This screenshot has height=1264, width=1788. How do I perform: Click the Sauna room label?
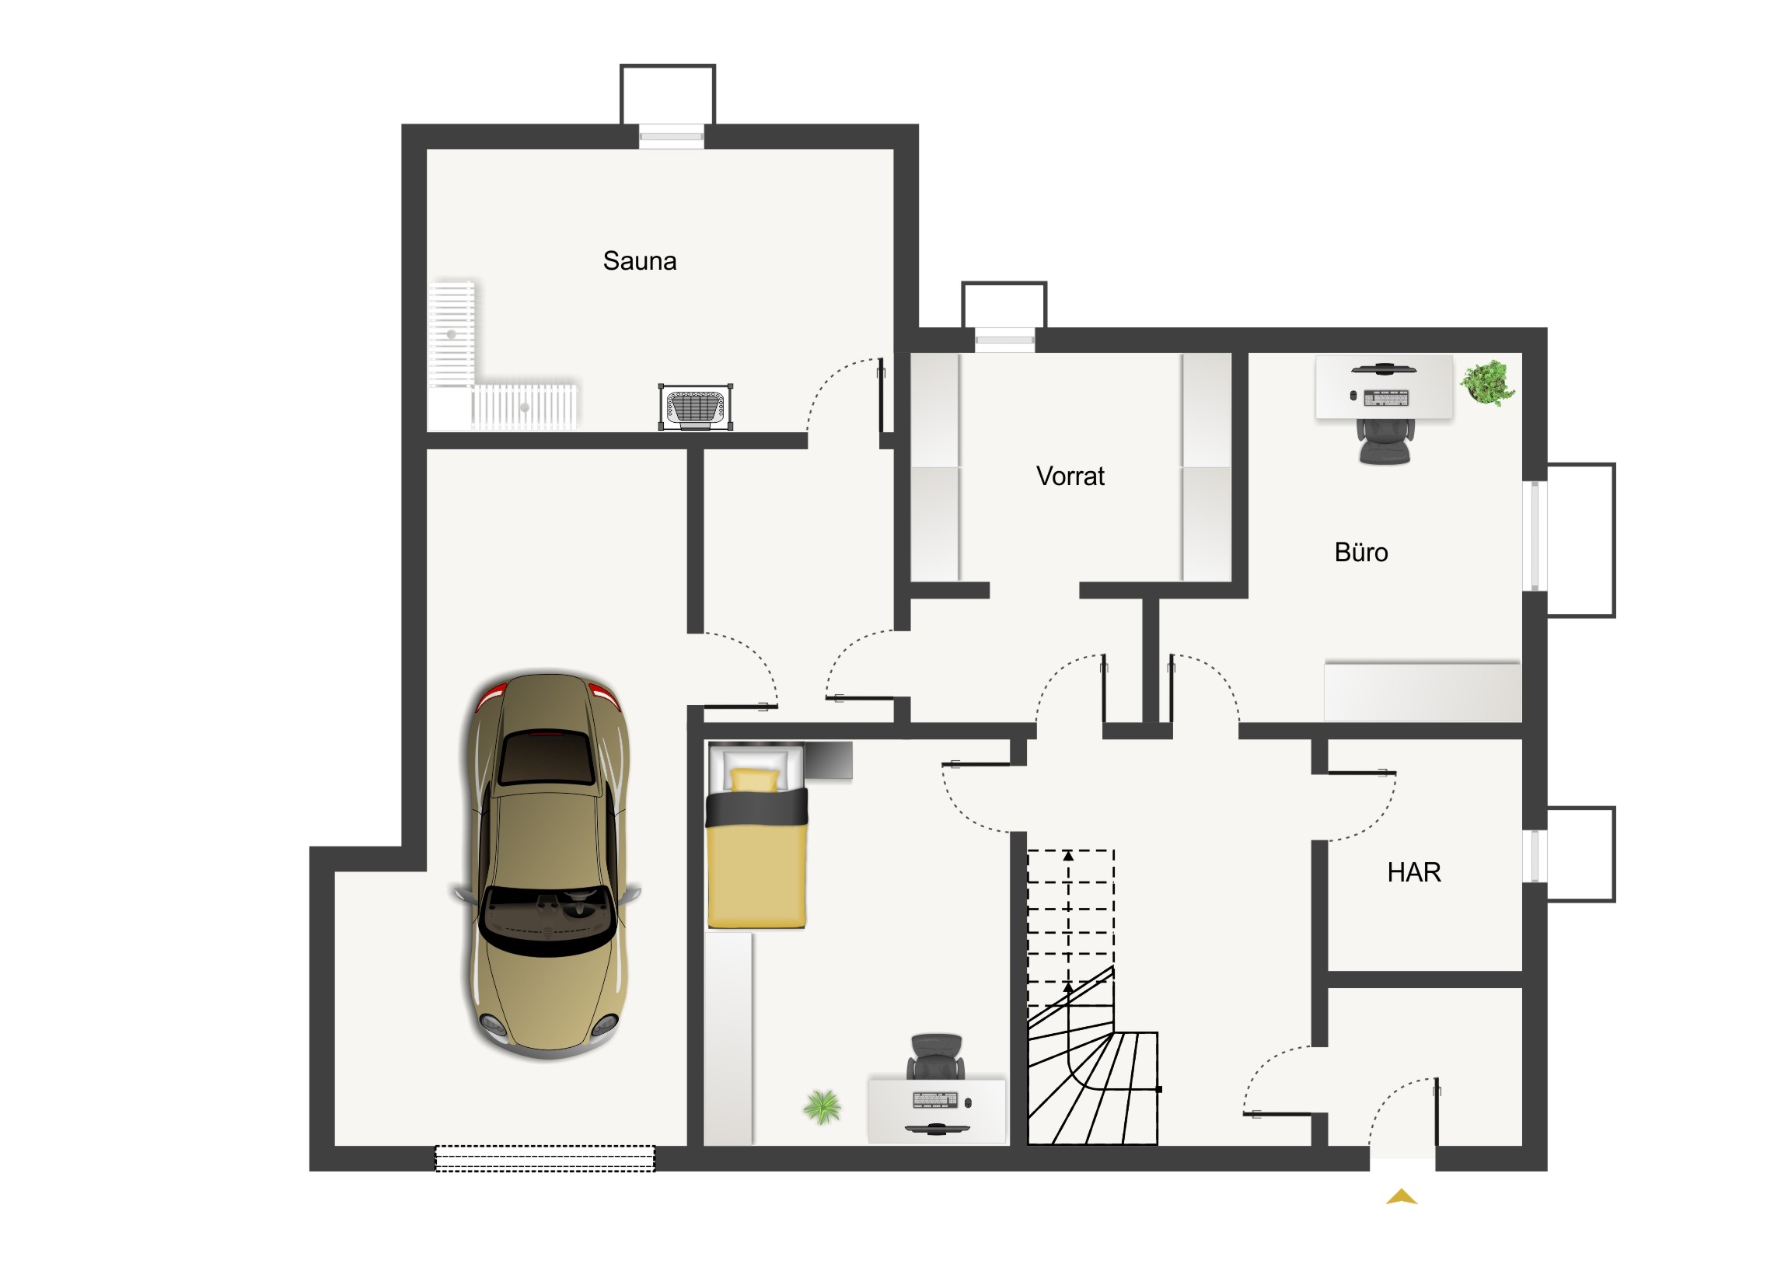point(639,261)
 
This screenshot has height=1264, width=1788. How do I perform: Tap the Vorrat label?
point(1070,476)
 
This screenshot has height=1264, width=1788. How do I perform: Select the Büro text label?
point(1360,552)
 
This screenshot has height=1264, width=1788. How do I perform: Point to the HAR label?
point(1414,872)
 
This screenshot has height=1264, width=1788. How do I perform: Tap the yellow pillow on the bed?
point(754,780)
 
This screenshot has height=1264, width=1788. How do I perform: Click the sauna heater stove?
point(696,406)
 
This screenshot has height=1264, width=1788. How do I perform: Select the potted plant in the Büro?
point(1487,382)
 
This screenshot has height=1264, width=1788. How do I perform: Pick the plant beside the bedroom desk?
point(822,1107)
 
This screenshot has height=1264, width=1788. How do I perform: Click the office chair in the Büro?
point(1385,442)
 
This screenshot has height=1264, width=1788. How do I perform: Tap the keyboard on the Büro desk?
point(1385,398)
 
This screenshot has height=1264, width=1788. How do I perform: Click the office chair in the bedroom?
point(935,1057)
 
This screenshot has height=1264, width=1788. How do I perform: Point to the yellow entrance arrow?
point(1402,1197)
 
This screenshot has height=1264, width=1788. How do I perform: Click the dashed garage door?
point(544,1158)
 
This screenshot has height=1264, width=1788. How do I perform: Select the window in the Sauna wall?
point(672,137)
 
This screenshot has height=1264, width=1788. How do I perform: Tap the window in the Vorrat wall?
point(1004,340)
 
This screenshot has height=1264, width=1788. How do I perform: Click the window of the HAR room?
point(1535,856)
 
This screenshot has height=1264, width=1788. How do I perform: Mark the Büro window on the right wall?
point(1535,536)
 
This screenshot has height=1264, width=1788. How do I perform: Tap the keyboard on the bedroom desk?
point(935,1101)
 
